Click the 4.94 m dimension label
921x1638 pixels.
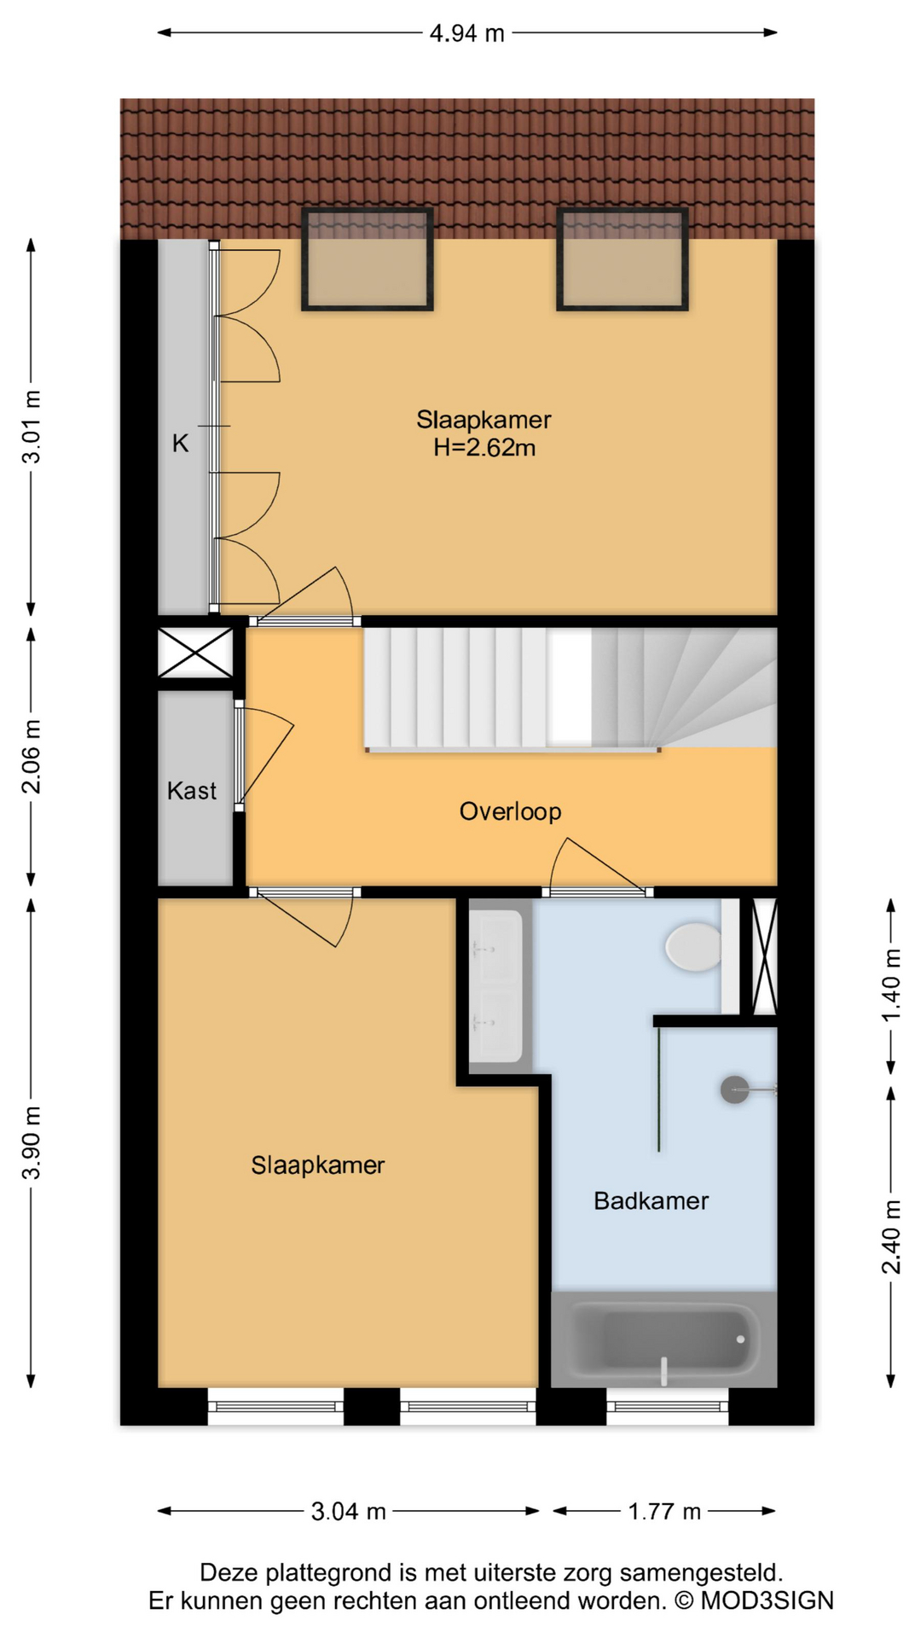tap(467, 33)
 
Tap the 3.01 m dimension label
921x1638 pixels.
tap(32, 427)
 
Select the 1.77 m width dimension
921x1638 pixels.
tap(664, 1512)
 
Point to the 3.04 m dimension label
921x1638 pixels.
tap(348, 1512)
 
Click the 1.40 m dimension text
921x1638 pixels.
tap(891, 985)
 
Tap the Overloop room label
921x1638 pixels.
tap(510, 811)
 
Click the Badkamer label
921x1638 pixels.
tap(652, 1201)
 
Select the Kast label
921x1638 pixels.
tap(192, 791)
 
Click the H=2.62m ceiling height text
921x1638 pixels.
tap(484, 447)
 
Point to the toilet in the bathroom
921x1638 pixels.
tap(694, 947)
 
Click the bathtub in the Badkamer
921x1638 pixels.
tap(664, 1339)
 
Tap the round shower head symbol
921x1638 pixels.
tap(734, 1089)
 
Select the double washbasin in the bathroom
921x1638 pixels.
tap(497, 986)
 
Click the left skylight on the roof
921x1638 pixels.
tap(368, 259)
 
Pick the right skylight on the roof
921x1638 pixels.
tap(623, 259)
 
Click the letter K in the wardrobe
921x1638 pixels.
tap(181, 444)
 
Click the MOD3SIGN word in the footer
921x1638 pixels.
tap(767, 1601)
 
